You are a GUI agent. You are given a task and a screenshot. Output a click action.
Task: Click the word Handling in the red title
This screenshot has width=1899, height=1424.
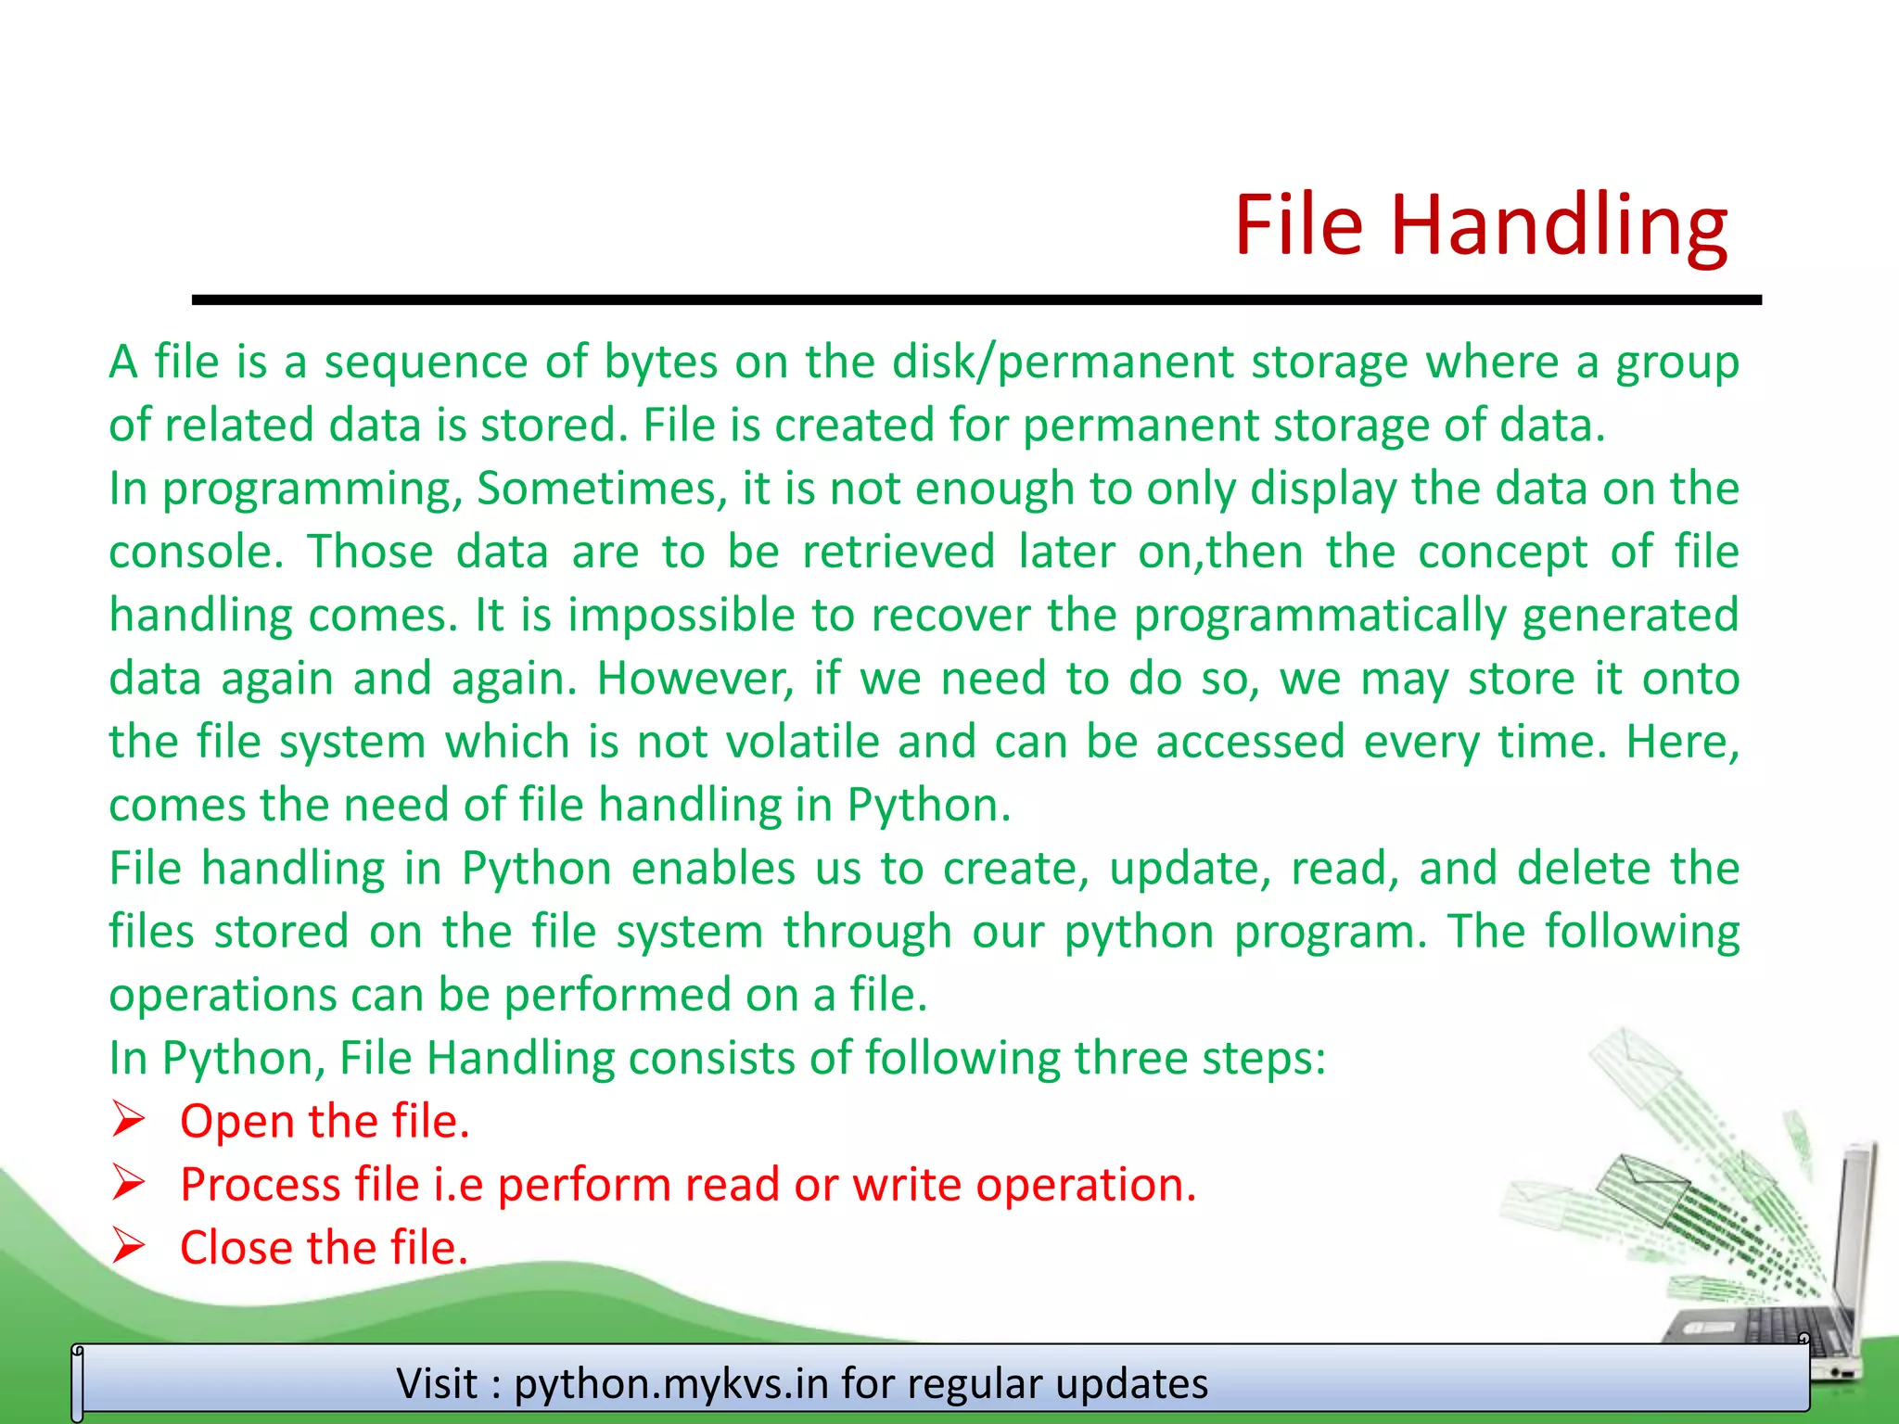tap(1558, 225)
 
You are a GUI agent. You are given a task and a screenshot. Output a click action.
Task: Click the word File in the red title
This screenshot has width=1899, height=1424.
tap(1298, 225)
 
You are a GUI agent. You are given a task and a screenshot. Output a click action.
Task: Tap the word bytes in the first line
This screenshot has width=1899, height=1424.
tap(660, 362)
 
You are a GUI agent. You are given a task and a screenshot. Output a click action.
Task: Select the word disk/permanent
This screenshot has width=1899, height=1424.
tap(1063, 362)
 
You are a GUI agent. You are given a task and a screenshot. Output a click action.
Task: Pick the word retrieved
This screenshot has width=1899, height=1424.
tap(898, 553)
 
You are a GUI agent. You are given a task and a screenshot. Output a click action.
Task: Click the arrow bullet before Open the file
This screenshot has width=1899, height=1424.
tap(128, 1120)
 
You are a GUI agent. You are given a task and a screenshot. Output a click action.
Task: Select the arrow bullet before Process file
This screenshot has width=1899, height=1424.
tap(128, 1183)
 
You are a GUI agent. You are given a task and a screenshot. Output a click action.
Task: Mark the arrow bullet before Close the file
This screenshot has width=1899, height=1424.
tap(128, 1246)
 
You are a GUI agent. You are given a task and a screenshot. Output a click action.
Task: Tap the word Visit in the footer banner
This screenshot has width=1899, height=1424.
tap(437, 1384)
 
